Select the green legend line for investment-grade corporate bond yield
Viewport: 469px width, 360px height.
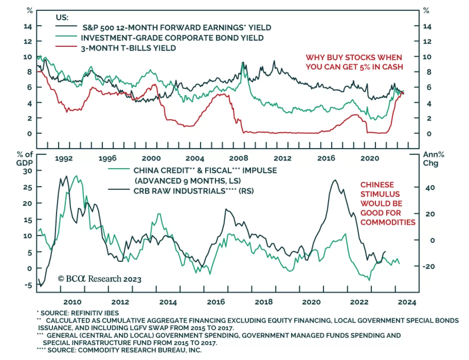pos(66,36)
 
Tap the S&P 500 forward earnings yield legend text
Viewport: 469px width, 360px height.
pos(176,28)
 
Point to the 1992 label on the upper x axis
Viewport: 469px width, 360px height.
pos(64,159)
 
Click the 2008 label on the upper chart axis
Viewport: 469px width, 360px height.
pos(238,158)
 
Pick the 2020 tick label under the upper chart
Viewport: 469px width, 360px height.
pos(369,158)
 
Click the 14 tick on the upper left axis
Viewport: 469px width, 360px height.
pos(28,26)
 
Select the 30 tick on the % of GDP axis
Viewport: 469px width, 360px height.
pos(28,171)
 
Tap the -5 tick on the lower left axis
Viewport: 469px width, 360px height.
pos(28,285)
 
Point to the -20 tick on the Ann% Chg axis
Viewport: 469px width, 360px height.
pos(428,266)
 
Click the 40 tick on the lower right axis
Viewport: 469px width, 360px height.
pos(430,188)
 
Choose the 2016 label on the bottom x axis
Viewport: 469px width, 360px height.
pos(216,302)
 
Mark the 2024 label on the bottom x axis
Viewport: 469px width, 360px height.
pos(407,302)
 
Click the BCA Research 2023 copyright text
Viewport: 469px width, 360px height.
pos(100,279)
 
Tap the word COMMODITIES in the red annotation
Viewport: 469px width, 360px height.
pos(388,222)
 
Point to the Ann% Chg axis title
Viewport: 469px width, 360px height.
pos(433,159)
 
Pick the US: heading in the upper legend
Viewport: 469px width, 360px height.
pos(62,18)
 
